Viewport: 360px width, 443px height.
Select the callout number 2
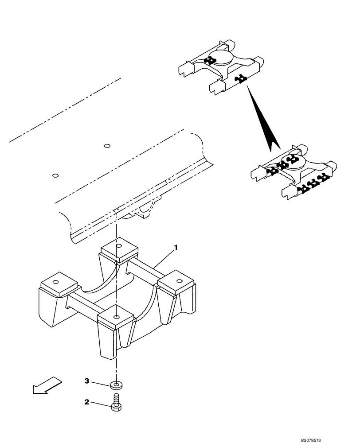(x=87, y=402)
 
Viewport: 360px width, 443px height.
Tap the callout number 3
(x=87, y=381)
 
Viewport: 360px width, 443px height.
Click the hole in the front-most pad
(x=116, y=317)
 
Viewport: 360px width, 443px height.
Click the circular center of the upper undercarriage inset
(x=220, y=58)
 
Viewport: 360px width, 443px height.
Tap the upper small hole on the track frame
(x=106, y=145)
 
